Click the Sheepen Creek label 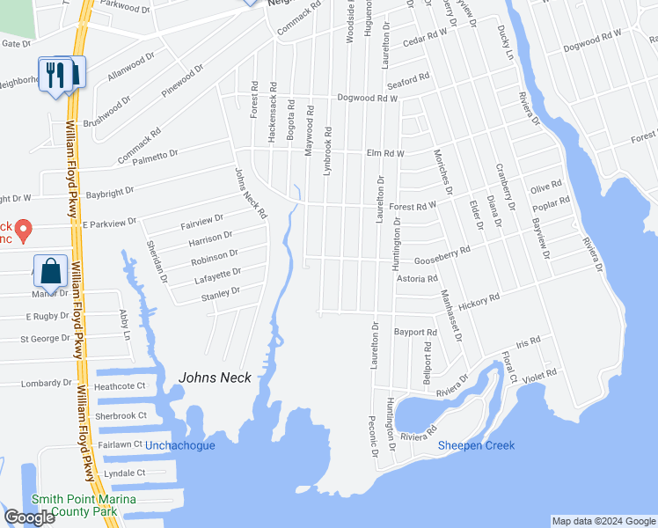(476, 445)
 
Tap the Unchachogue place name (179, 445)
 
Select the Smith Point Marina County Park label (84, 505)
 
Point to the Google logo (29, 517)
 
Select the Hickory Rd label (479, 298)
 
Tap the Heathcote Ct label (119, 386)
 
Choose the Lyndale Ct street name (124, 473)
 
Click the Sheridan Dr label (157, 260)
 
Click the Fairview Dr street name (202, 218)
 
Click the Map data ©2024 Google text (603, 521)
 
